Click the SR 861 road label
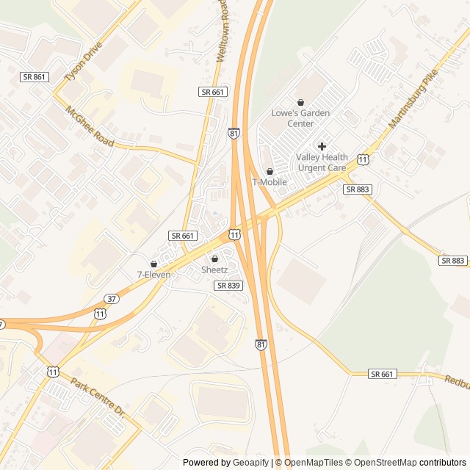(34, 76)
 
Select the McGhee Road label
(90, 127)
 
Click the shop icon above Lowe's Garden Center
(300, 102)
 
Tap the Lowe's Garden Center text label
(300, 118)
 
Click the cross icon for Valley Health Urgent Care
(322, 146)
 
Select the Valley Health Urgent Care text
(321, 162)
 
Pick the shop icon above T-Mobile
(270, 171)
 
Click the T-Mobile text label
(270, 182)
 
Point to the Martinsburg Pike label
(413, 99)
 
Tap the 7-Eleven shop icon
(153, 264)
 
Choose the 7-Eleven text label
(153, 275)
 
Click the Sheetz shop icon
(215, 258)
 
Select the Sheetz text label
(215, 270)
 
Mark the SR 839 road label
(228, 285)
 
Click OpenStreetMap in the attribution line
(380, 463)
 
